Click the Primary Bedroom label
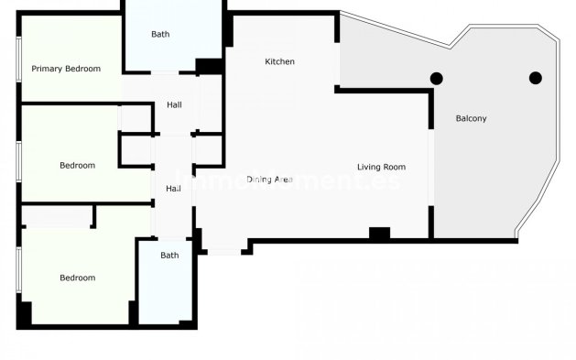(66, 69)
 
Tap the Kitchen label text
(279, 61)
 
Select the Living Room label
(381, 167)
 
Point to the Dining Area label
(269, 180)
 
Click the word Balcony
(471, 118)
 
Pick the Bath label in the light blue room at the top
(160, 35)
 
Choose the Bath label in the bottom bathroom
(169, 256)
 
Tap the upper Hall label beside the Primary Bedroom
(173, 105)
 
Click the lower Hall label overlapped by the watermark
(172, 189)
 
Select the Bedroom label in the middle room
(77, 166)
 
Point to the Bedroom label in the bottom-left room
(77, 278)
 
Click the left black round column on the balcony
(437, 78)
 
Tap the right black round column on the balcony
(536, 78)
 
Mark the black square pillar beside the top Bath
(209, 66)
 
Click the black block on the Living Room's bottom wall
(379, 234)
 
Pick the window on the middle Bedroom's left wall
(19, 157)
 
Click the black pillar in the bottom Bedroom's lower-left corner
(25, 312)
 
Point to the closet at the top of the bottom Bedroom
(57, 217)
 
